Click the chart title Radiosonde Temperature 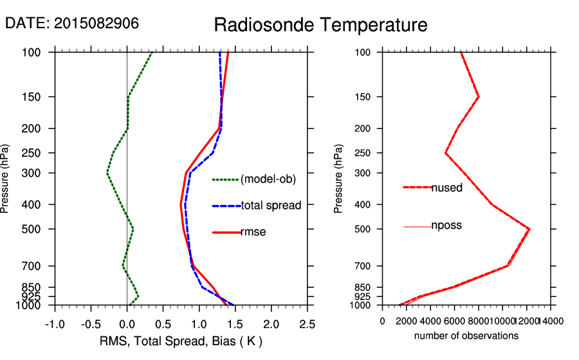[320, 25]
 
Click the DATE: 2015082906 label [72, 23]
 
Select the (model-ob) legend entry [268, 180]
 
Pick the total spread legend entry [271, 206]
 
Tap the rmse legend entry [253, 232]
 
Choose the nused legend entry [446, 188]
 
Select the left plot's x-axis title [181, 340]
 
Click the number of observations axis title [466, 336]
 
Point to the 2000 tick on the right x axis [407, 321]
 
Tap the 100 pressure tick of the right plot [363, 52]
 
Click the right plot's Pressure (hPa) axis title [338, 179]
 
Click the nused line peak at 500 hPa [529, 229]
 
